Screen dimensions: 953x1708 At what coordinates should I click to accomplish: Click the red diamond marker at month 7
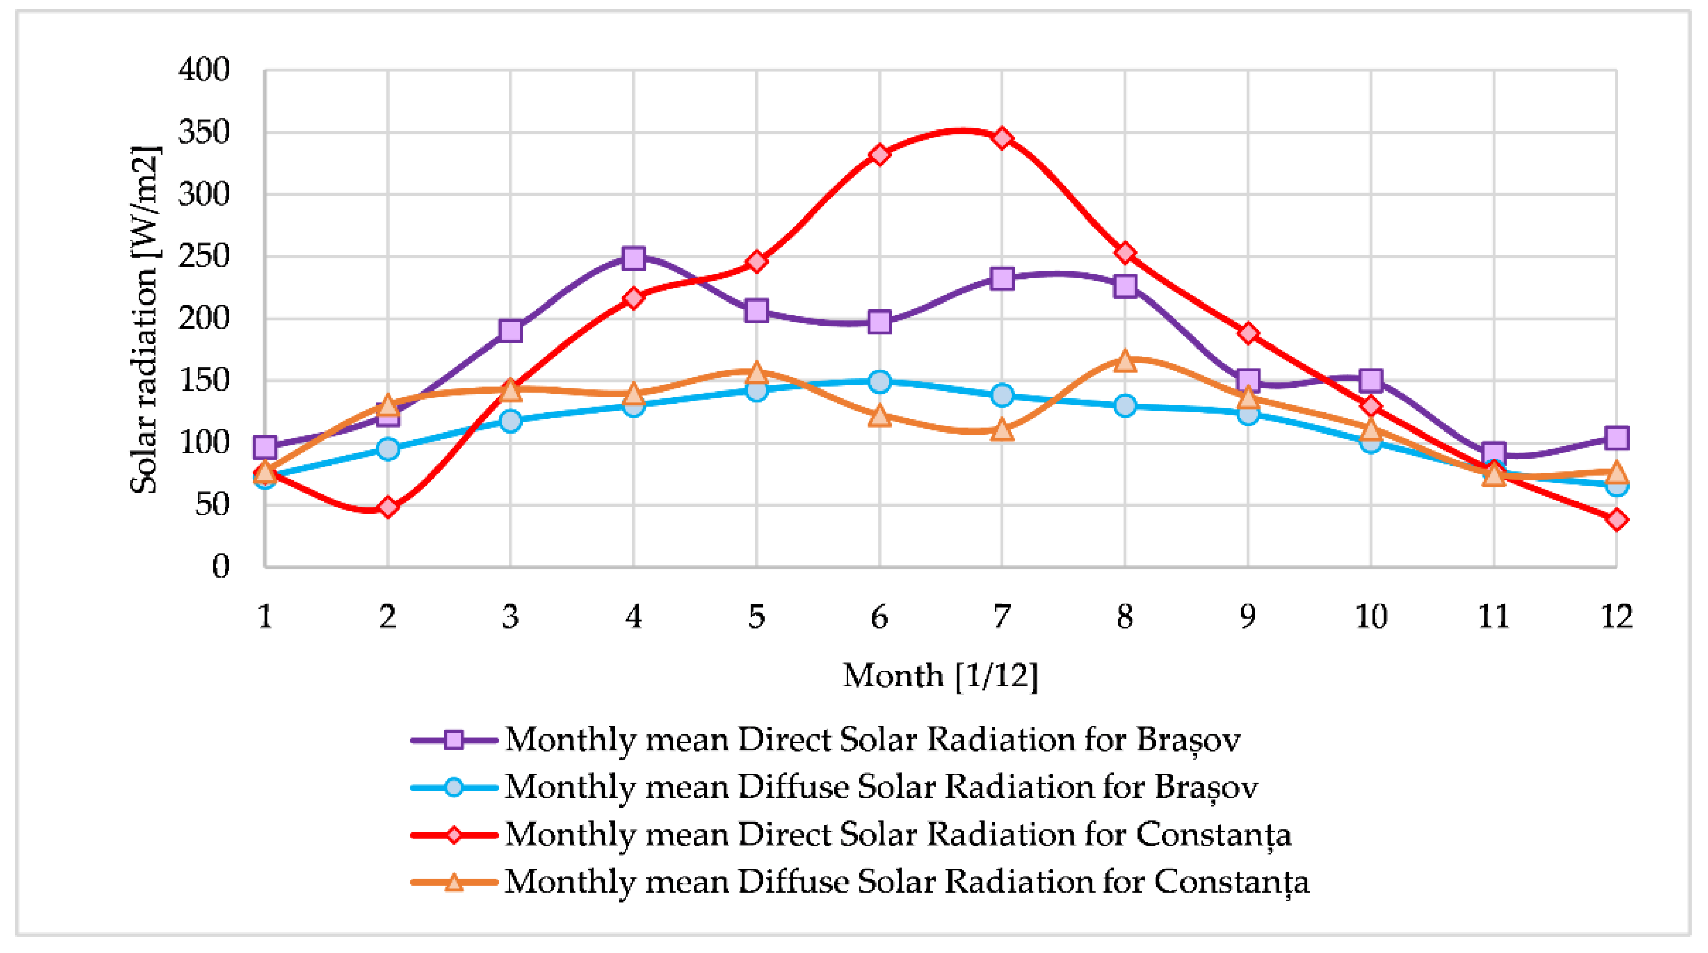click(1002, 138)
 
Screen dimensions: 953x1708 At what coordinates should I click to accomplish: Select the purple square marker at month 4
click(633, 258)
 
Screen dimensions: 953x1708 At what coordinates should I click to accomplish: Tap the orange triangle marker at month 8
click(1124, 360)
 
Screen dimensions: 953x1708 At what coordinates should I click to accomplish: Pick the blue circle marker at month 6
click(879, 381)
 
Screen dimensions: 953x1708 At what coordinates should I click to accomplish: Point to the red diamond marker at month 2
click(388, 508)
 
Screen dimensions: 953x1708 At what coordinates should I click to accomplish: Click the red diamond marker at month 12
click(1616, 519)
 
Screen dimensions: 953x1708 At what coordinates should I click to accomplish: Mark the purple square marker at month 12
click(1616, 438)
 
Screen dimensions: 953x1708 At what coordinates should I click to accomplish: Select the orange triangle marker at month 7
click(1002, 430)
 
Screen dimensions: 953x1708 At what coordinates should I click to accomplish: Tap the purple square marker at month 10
click(1371, 381)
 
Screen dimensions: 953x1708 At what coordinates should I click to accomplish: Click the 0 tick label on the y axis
click(221, 567)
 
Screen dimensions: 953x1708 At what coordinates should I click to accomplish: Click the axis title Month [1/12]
click(940, 676)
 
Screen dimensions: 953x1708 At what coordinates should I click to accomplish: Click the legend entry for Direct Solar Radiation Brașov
click(872, 740)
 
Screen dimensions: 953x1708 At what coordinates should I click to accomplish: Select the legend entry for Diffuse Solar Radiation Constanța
click(906, 881)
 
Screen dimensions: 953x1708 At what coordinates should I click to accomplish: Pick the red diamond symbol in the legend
click(454, 834)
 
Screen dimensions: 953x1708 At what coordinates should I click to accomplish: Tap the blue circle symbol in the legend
click(454, 787)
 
